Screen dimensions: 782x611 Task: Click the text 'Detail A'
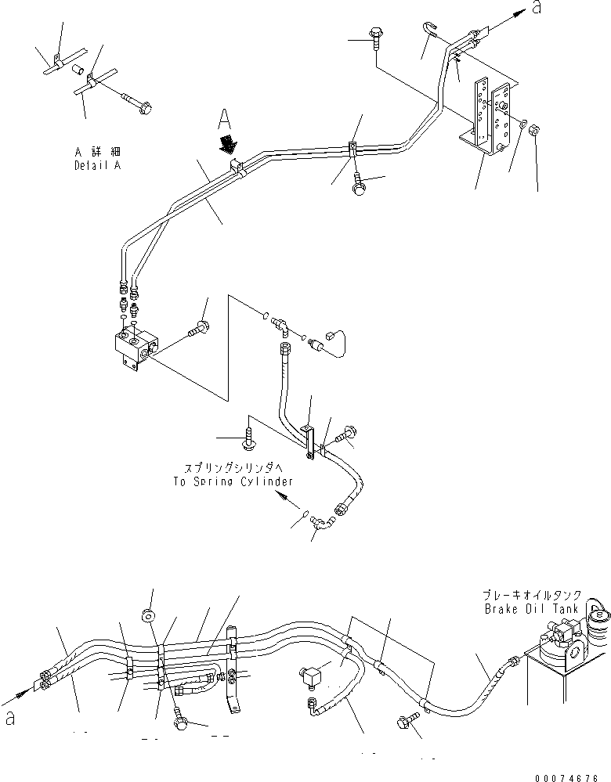pyautogui.click(x=98, y=166)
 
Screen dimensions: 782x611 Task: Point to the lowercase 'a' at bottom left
pyautogui.click(x=9, y=719)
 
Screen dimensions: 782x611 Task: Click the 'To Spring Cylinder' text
pyautogui.click(x=233, y=482)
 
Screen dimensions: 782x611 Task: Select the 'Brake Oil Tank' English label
pyautogui.click(x=531, y=608)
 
